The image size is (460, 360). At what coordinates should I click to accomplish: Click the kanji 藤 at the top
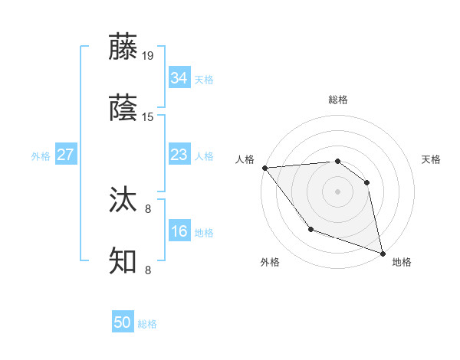tap(123, 47)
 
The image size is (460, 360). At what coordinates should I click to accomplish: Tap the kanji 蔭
tap(123, 108)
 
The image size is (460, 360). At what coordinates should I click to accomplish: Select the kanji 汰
tap(123, 200)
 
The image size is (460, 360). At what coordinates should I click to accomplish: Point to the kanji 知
tap(123, 261)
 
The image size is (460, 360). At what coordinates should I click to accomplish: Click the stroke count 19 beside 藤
tap(149, 56)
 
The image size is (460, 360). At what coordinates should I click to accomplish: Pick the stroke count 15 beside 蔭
tap(149, 117)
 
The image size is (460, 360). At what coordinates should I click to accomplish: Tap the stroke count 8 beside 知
tap(149, 270)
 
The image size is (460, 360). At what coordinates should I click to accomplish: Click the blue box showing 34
tap(179, 78)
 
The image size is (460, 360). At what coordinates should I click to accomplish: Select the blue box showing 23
tap(179, 155)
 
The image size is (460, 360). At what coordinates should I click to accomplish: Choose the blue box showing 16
tap(179, 231)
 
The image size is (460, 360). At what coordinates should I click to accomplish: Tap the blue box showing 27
tap(65, 155)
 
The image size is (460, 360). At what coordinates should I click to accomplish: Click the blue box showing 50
tap(123, 322)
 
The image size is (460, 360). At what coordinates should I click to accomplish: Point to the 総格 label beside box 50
tap(148, 324)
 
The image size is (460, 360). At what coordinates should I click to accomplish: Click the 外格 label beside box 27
tap(41, 156)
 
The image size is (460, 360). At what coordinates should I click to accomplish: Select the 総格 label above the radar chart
tap(338, 100)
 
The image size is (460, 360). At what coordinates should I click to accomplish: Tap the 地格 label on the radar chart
tap(402, 263)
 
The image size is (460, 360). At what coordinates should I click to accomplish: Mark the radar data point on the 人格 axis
tap(264, 168)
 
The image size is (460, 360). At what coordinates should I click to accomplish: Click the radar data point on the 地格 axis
tap(383, 253)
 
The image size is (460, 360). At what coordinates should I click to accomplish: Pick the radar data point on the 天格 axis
tap(366, 182)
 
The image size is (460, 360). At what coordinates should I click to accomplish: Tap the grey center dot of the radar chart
tap(337, 191)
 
